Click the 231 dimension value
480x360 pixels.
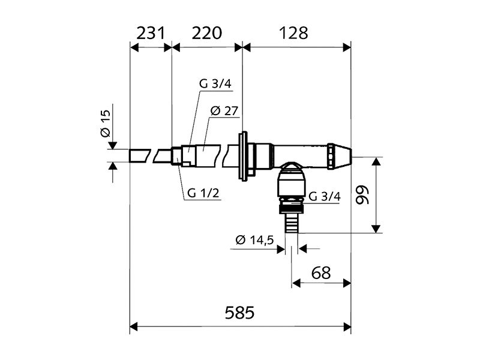tap(151, 33)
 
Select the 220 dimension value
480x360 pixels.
tap(206, 33)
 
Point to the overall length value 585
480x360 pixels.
tap(239, 313)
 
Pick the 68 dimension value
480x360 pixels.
tap(322, 273)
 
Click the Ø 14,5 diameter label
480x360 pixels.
tap(255, 240)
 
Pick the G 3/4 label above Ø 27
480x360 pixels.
tap(215, 85)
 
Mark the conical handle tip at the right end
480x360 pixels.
tap(341, 155)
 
